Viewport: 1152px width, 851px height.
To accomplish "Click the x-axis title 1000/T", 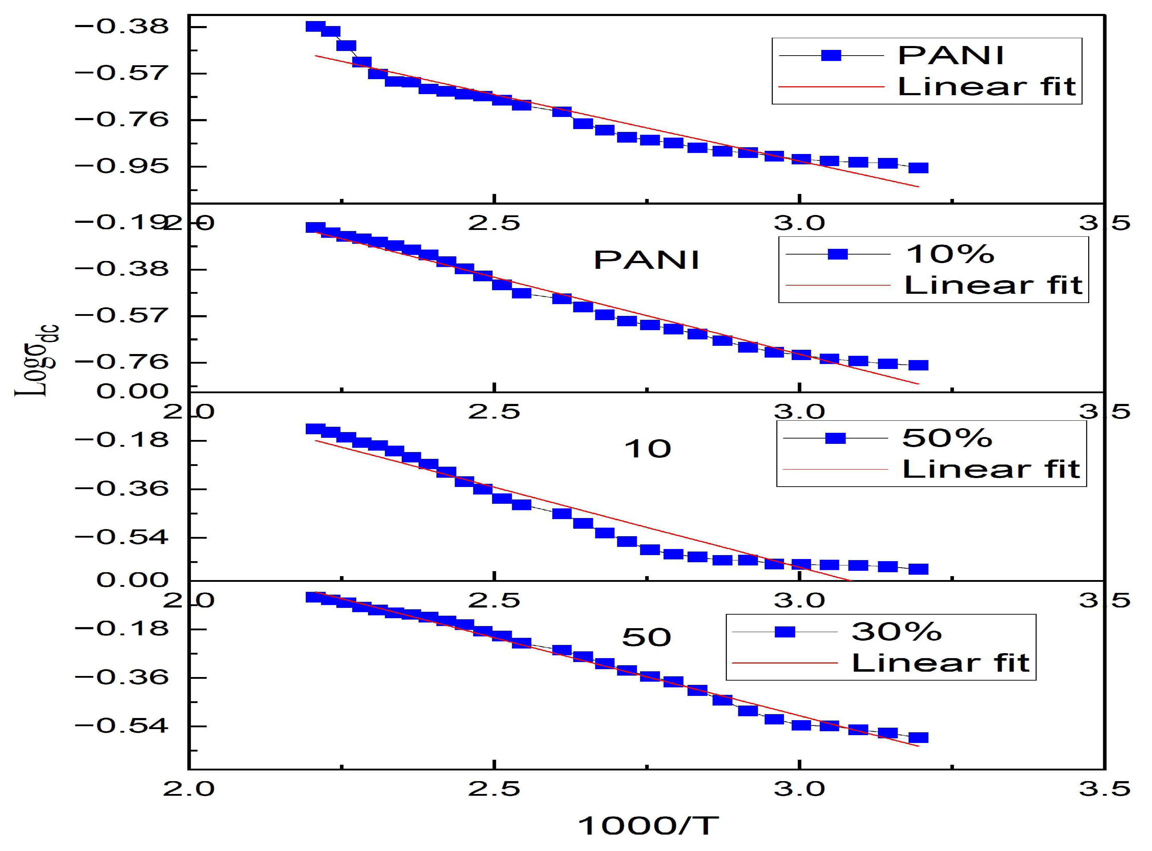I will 647,826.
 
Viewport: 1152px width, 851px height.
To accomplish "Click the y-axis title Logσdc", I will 37,360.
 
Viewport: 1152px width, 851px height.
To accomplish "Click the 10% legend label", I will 950,254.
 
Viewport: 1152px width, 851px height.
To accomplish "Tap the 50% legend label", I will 947,438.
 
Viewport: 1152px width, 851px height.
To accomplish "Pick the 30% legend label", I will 897,631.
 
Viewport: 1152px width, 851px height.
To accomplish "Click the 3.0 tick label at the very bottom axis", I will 799,789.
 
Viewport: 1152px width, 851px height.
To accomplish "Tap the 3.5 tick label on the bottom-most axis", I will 1105,789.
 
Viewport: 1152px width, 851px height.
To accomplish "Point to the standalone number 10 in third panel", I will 647,449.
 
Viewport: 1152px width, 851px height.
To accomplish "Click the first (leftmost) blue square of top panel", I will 315,26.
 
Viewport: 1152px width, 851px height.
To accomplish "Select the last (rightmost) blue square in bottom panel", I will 918,738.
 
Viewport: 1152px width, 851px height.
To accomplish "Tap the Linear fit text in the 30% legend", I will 940,663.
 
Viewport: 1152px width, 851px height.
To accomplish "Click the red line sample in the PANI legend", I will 831,87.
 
